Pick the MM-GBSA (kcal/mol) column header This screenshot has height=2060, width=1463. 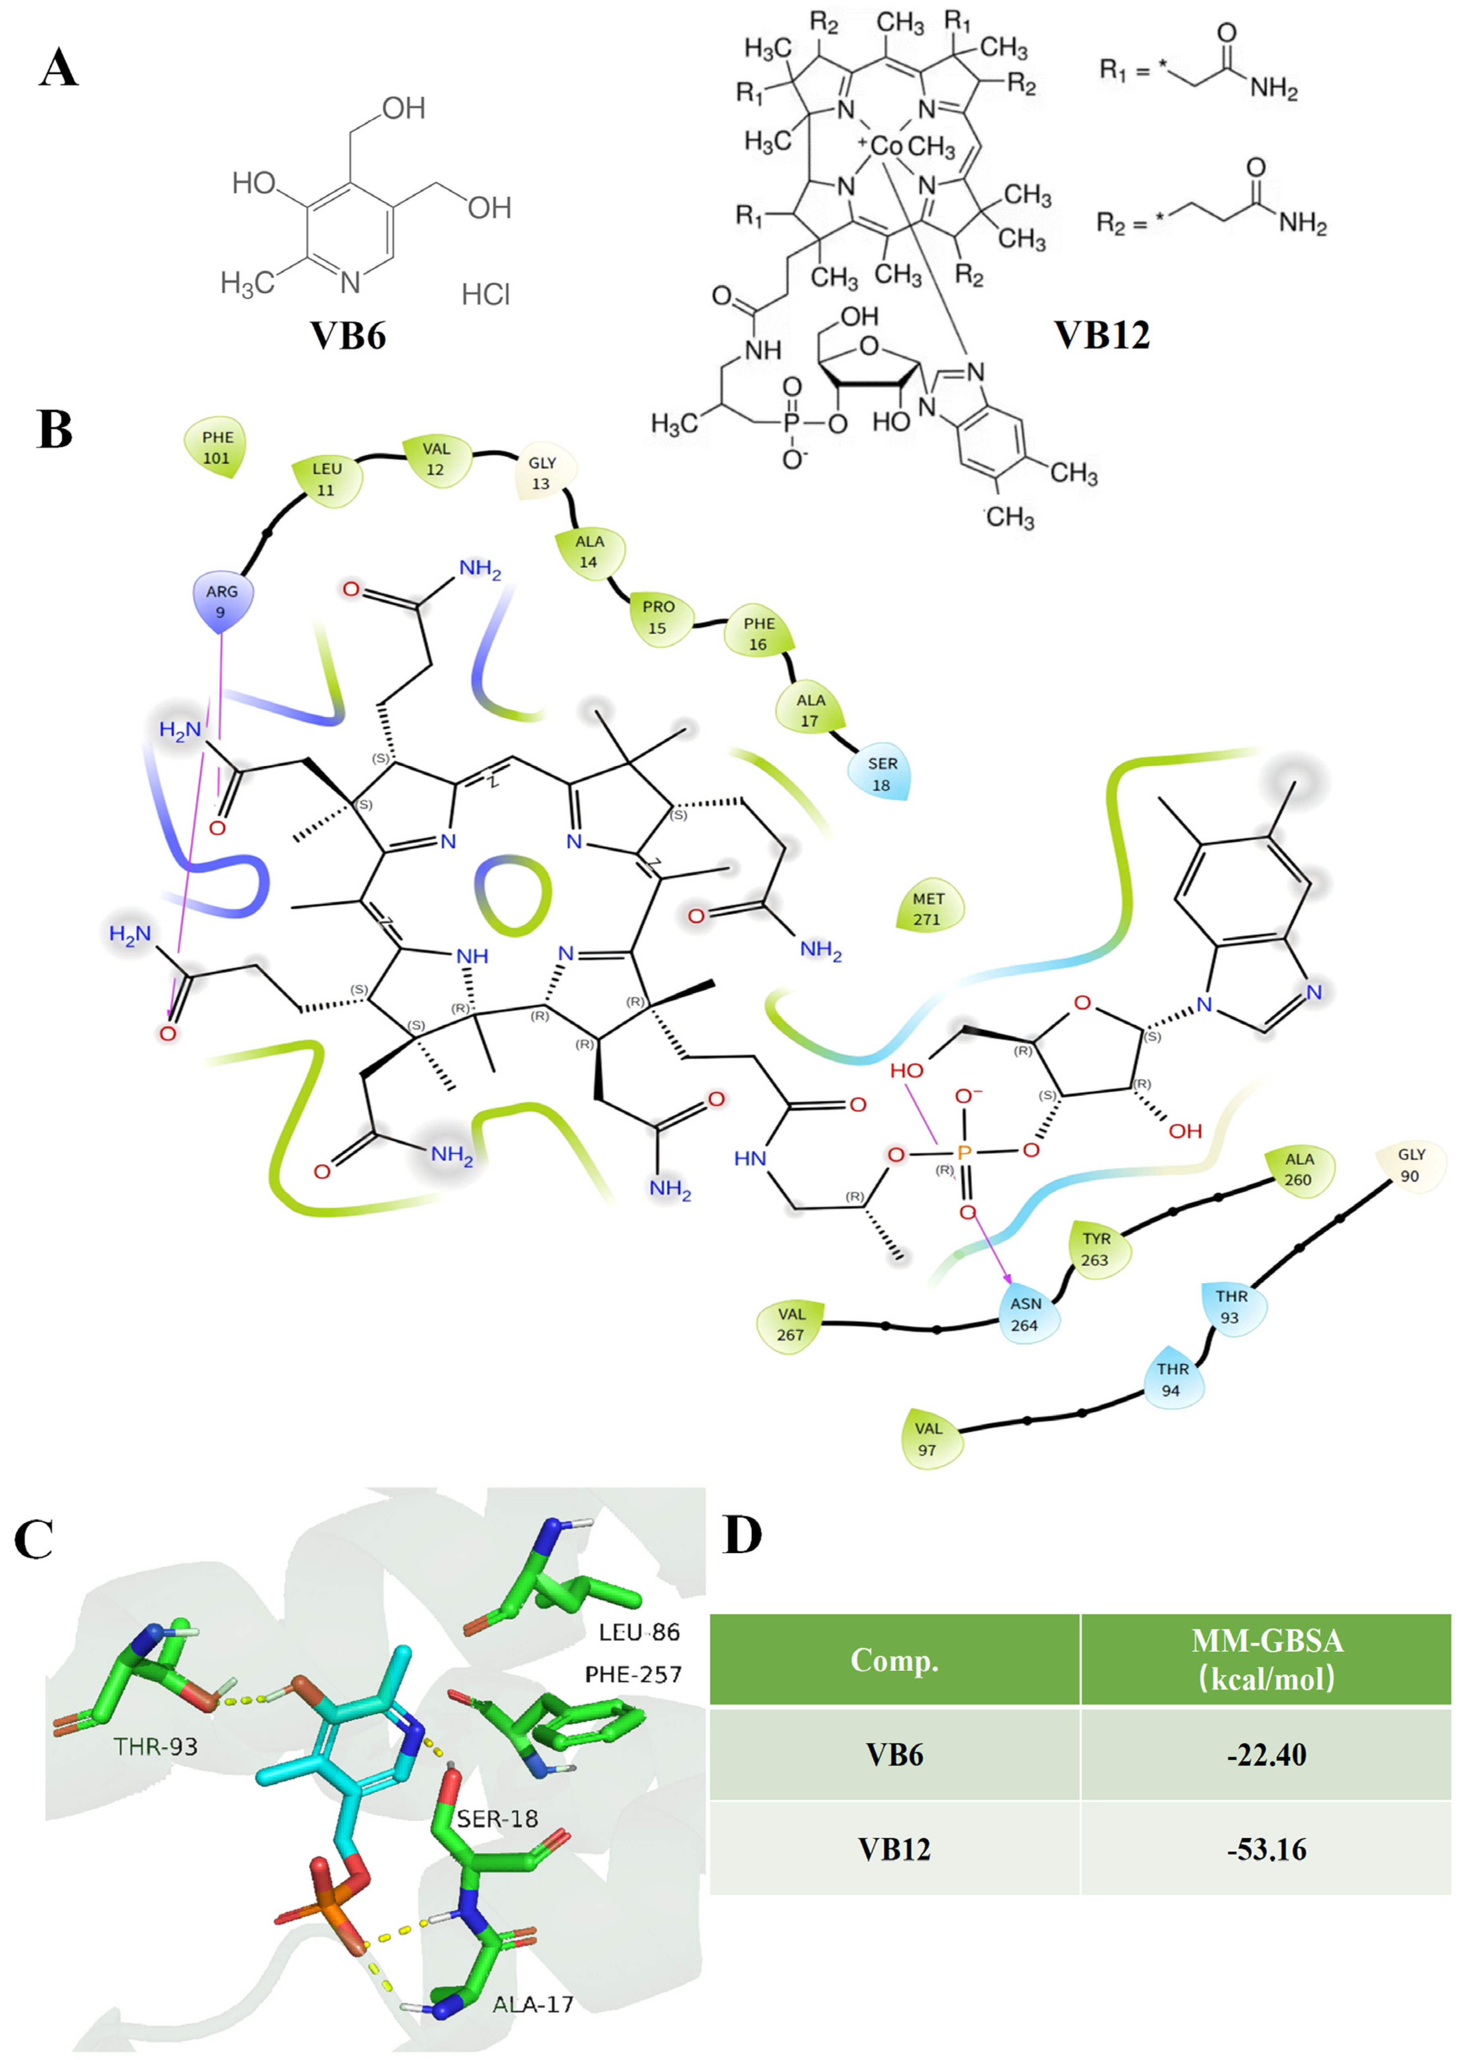(x=1266, y=1659)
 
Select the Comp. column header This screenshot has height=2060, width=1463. (x=894, y=1659)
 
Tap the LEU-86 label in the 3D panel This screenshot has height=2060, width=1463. (x=639, y=1632)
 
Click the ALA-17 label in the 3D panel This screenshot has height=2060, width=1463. (x=532, y=2004)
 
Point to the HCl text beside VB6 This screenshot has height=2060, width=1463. (x=486, y=295)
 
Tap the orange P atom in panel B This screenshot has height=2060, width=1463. (x=964, y=1153)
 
